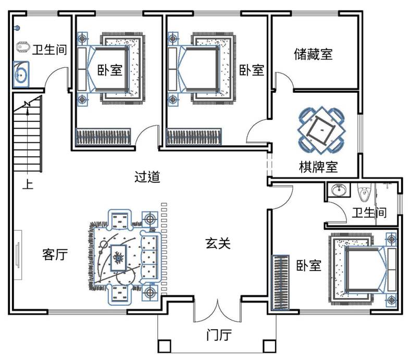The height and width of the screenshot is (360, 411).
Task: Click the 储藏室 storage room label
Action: click(x=313, y=54)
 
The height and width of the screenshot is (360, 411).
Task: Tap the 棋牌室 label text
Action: click(x=318, y=167)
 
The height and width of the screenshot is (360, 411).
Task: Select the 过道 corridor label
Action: click(x=147, y=177)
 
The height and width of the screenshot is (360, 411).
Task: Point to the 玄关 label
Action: click(x=218, y=243)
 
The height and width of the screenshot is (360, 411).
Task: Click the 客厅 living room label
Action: click(x=55, y=254)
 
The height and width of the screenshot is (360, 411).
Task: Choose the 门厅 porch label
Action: click(x=219, y=335)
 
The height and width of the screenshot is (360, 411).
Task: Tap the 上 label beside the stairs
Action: click(x=28, y=184)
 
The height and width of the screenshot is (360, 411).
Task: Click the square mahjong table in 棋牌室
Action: click(x=321, y=130)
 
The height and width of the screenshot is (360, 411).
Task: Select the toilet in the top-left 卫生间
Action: click(x=23, y=47)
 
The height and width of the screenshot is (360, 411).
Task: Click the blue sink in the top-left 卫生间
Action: click(x=21, y=75)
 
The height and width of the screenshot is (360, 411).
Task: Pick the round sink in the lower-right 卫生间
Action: click(x=340, y=190)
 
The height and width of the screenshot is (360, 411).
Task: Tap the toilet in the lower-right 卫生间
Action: click(x=365, y=192)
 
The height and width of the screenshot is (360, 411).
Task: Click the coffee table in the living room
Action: click(x=118, y=258)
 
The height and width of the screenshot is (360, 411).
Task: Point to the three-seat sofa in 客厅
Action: click(x=151, y=257)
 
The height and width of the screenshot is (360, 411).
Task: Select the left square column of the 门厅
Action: click(x=164, y=346)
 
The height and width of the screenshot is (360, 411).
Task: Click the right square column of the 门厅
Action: click(x=269, y=346)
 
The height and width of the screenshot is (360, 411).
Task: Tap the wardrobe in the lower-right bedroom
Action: click(x=280, y=282)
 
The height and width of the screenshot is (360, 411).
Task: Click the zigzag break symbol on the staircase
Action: click(x=27, y=104)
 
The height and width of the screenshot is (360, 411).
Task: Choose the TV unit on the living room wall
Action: click(x=18, y=255)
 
